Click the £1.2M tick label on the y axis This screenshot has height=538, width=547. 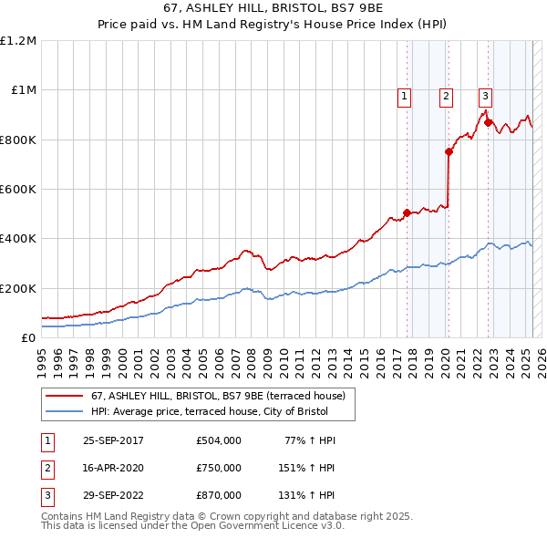pos(18,40)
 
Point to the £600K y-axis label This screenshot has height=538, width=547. pos(18,189)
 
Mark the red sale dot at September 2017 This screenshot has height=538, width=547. pos(407,212)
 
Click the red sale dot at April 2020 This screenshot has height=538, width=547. pos(449,152)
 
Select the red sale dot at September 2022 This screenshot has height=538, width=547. pos(489,122)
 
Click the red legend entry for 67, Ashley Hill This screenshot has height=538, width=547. pos(218,397)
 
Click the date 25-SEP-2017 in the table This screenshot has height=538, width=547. pos(113,440)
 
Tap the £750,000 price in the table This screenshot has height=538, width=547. pos(219,468)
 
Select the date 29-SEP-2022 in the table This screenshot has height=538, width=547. pos(113,495)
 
